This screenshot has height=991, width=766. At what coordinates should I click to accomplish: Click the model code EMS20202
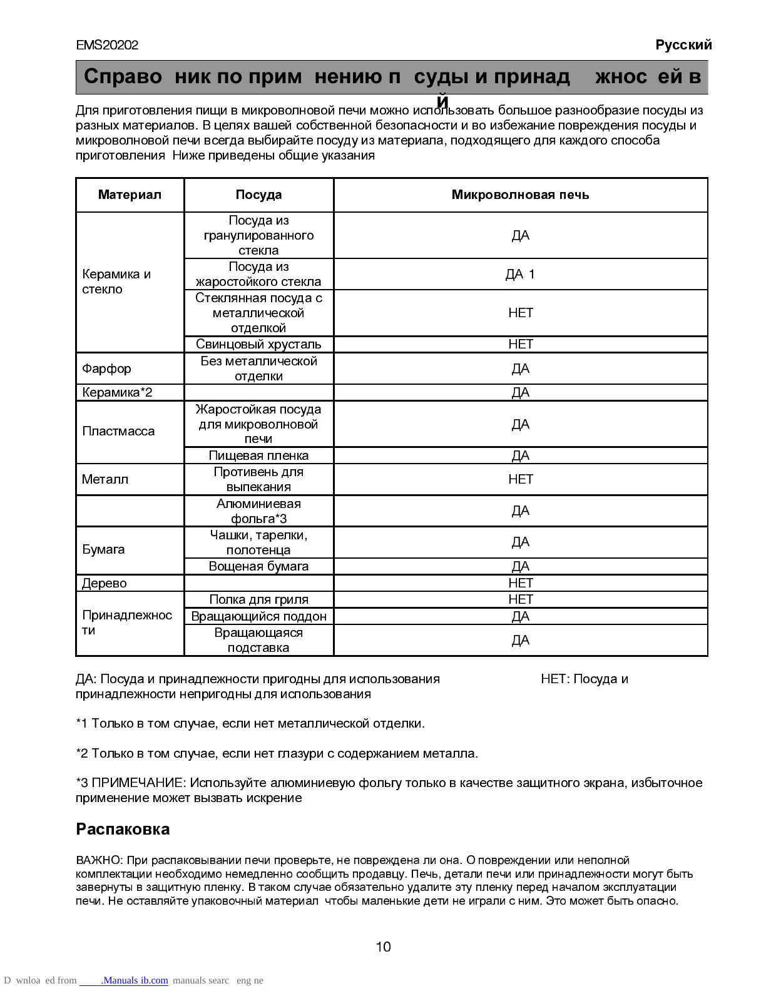[x=107, y=45]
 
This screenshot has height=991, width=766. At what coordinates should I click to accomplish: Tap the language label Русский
[x=683, y=45]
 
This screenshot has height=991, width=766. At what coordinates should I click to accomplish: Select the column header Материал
[x=130, y=195]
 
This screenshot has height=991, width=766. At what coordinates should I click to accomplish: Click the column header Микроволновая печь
[x=520, y=195]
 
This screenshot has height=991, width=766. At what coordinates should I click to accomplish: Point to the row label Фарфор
[x=106, y=368]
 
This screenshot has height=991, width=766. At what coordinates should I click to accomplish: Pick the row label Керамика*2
[x=117, y=392]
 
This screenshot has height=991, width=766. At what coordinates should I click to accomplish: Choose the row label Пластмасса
[x=118, y=431]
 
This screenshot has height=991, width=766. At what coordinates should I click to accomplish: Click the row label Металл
[x=105, y=479]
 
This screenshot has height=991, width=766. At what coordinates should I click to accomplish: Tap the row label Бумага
[x=103, y=549]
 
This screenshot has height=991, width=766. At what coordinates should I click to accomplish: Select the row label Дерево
[x=104, y=583]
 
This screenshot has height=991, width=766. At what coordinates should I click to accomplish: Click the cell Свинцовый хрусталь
[x=258, y=344]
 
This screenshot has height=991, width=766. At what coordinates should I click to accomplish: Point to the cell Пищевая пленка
[x=258, y=455]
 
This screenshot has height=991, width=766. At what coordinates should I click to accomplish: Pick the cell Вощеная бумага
[x=258, y=566]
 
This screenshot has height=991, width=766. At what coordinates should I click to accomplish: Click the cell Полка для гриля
[x=258, y=599]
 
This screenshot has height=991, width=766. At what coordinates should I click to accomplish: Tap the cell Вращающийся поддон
[x=258, y=616]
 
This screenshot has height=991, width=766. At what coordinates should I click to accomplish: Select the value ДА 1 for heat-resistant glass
[x=520, y=274]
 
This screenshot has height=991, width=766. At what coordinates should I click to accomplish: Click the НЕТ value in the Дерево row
[x=520, y=583]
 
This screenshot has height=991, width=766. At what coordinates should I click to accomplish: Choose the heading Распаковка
[x=123, y=829]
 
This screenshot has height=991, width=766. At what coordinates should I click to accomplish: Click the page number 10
[x=383, y=947]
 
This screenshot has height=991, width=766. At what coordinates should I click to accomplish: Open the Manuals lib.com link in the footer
[x=134, y=980]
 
